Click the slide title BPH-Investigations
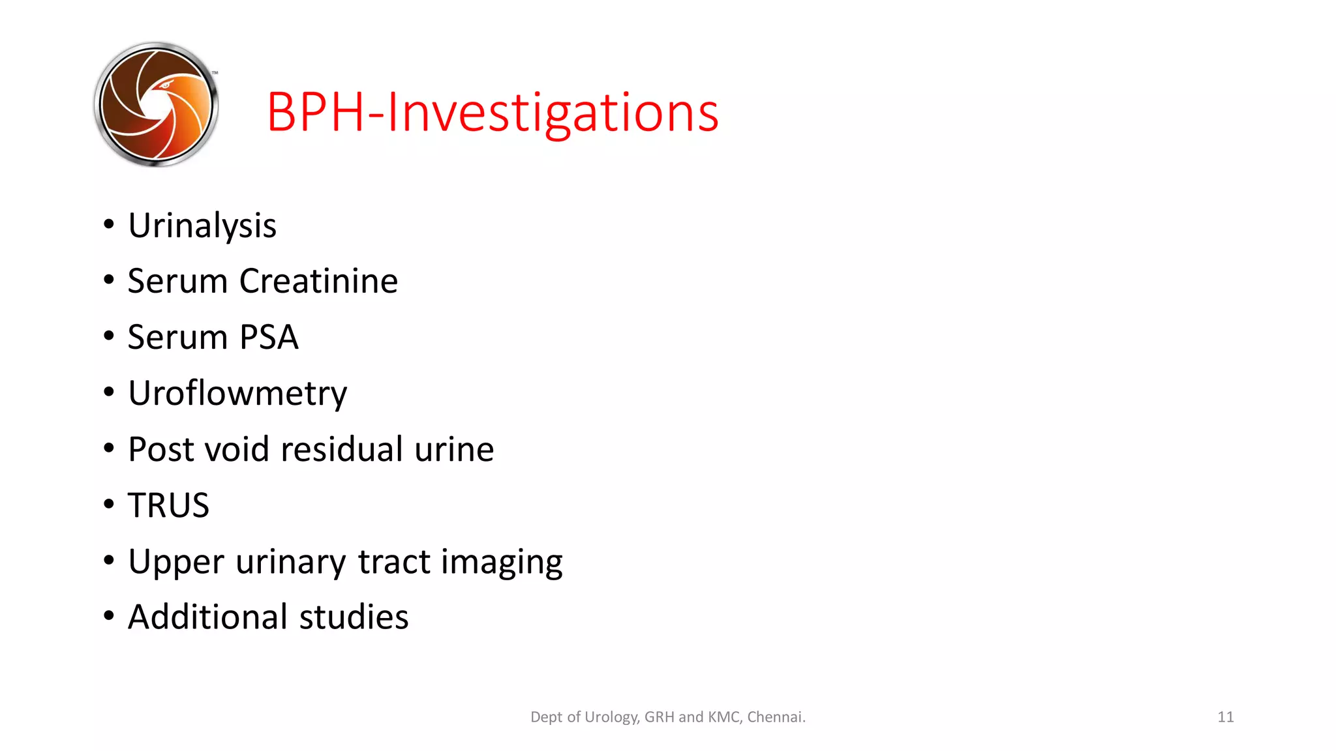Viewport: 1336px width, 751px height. coord(493,113)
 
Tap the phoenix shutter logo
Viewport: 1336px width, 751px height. coord(156,104)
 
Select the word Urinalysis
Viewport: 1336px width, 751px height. coord(202,226)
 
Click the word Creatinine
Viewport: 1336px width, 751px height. coord(318,282)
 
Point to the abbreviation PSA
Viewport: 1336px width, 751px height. coord(269,338)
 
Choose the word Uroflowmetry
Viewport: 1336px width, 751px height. coord(237,394)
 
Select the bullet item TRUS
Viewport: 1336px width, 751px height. coord(168,506)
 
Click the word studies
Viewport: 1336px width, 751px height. coord(354,617)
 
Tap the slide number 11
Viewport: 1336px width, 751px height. coord(1225,717)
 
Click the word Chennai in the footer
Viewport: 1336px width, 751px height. coord(776,717)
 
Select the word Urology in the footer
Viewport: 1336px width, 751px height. coord(611,717)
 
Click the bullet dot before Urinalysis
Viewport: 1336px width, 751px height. coord(109,224)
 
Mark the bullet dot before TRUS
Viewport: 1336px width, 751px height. coord(109,504)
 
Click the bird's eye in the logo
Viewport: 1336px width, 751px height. coord(165,85)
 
